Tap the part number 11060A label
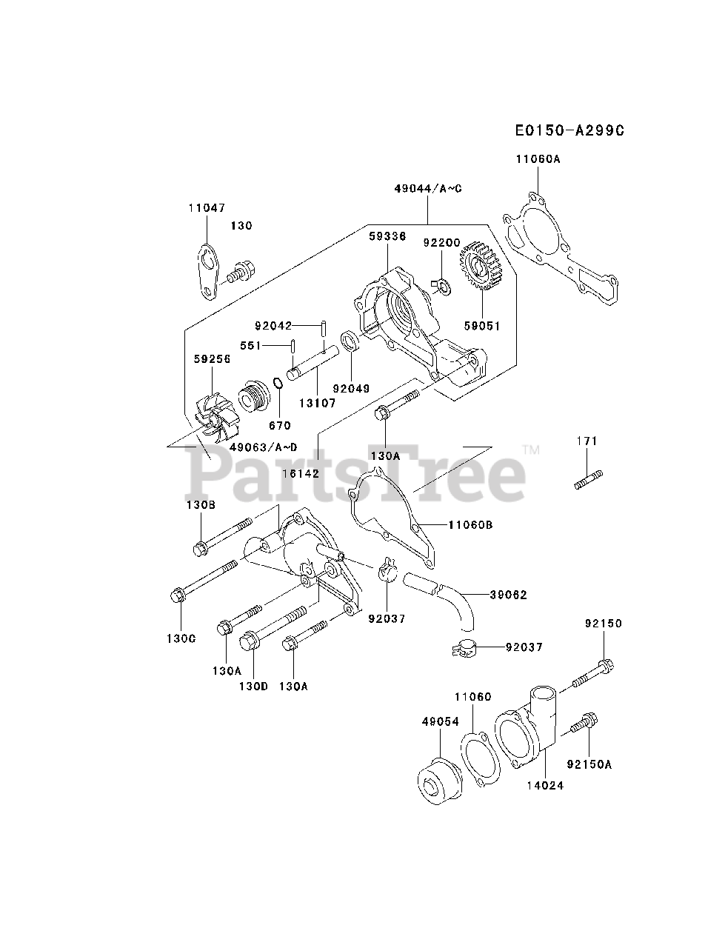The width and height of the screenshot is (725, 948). point(538,158)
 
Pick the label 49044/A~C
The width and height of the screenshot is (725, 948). point(428,188)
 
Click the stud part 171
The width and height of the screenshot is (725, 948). point(588,480)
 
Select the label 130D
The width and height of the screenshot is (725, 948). point(253,687)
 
